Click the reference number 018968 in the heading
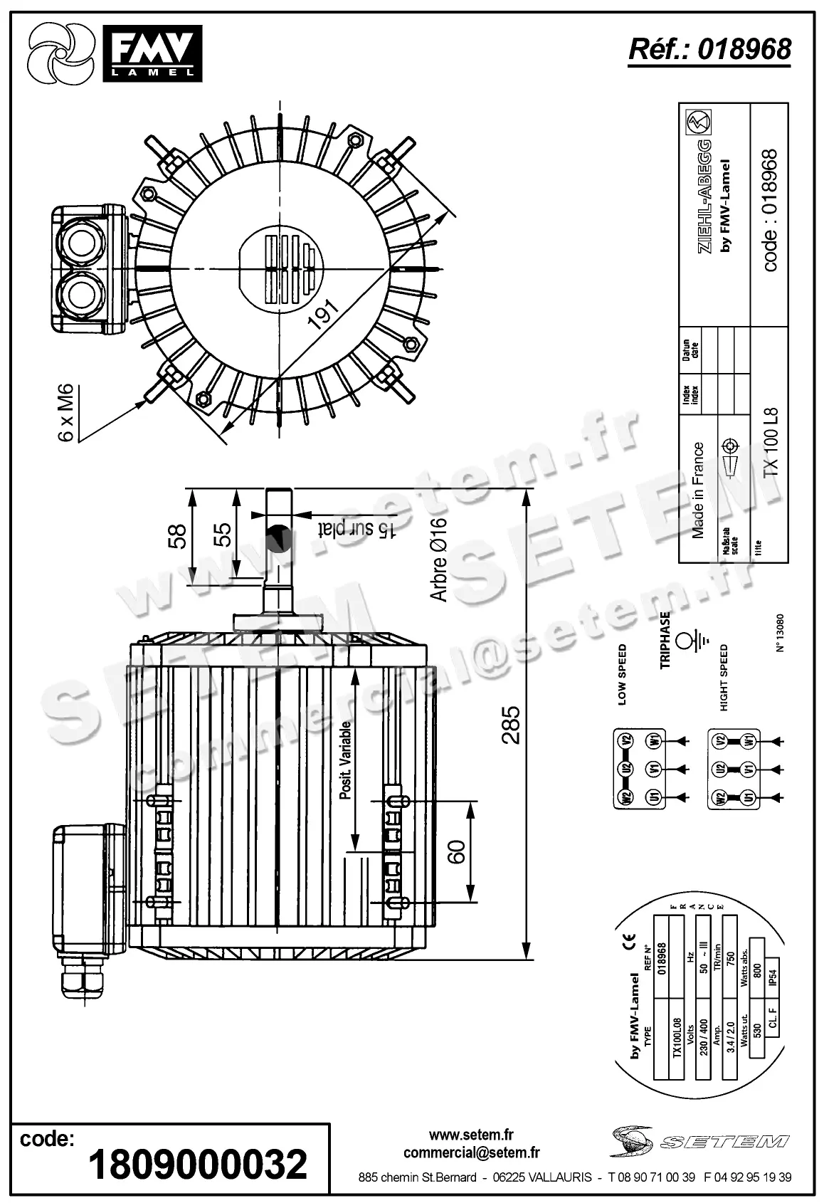[x=744, y=49]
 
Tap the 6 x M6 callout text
[x=65, y=412]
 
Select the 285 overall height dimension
[x=510, y=724]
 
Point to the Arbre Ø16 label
[x=439, y=560]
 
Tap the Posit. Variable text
[x=346, y=760]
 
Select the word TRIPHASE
[x=665, y=640]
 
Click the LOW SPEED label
[x=623, y=674]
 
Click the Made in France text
[x=698, y=490]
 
